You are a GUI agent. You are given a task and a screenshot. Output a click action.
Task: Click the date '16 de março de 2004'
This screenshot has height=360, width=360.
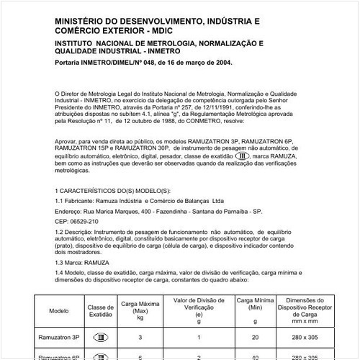coord(192,63)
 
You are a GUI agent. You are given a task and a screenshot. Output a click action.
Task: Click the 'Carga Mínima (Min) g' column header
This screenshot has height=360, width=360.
coord(253,305)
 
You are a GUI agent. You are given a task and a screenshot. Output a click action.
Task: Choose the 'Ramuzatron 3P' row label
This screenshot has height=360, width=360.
coord(59,337)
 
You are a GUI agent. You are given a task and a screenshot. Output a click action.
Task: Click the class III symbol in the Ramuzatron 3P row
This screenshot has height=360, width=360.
coord(101,337)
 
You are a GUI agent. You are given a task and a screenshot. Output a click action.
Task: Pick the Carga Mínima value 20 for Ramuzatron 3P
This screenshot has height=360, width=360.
coord(253,337)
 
